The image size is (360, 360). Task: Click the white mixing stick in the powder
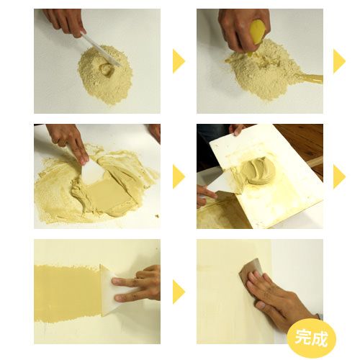102,50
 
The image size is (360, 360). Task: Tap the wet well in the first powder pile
107,69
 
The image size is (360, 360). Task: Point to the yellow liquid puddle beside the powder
310,78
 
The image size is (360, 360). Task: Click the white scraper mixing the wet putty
93,172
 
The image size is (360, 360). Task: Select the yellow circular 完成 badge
312,338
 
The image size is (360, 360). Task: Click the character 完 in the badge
303,337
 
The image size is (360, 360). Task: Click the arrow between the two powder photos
179,61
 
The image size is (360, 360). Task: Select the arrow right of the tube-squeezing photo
339,61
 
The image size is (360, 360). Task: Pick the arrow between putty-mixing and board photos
179,176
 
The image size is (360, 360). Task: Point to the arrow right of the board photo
339,176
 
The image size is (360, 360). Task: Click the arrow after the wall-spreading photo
179,292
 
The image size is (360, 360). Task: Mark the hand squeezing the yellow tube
243,29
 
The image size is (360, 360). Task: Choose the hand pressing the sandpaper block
281,297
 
